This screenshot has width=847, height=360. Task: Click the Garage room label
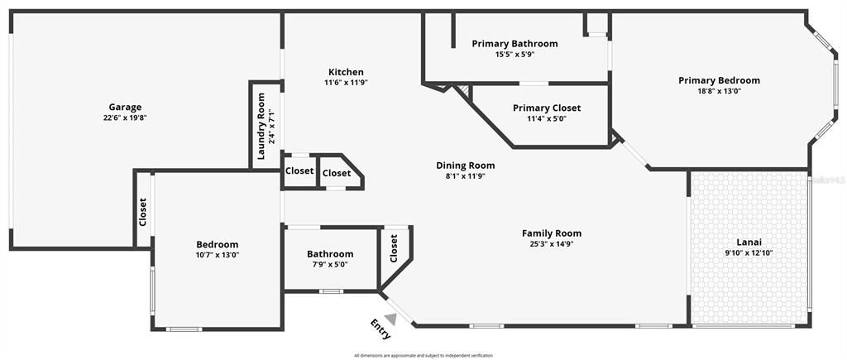tap(125, 107)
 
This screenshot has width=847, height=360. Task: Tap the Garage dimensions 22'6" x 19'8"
tap(125, 118)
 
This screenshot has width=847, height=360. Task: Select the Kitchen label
tap(345, 72)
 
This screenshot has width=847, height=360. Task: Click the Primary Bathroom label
tap(514, 44)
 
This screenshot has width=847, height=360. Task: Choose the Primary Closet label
tap(546, 108)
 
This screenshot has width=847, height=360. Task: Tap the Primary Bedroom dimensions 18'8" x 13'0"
tap(719, 91)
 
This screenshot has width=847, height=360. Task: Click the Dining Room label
tap(465, 166)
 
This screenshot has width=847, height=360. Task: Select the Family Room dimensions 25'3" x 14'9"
tap(551, 244)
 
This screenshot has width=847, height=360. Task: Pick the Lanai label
tap(748, 242)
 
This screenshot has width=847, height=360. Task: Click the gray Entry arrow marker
tap(390, 308)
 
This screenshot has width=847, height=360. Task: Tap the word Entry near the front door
tap(380, 329)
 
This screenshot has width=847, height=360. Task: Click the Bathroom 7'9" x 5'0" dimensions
tap(330, 265)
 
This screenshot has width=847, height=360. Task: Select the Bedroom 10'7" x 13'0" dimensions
tap(217, 255)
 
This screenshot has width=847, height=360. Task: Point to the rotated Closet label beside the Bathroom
tap(394, 249)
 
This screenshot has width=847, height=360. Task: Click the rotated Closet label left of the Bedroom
tap(142, 212)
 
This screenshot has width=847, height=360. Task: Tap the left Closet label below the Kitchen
tap(299, 171)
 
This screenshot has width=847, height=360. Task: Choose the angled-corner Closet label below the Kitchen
tap(336, 173)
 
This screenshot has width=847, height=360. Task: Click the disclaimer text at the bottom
tap(423, 355)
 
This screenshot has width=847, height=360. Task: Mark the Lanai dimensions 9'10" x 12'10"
tap(748, 253)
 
